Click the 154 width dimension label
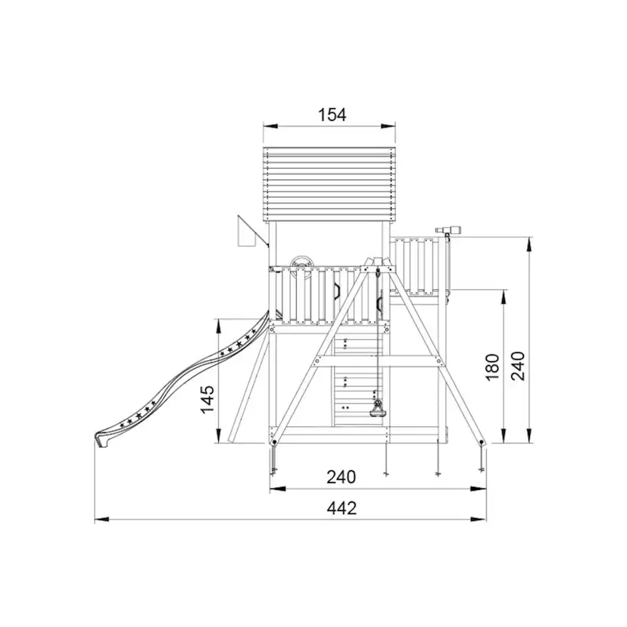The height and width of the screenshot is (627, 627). pyautogui.click(x=332, y=115)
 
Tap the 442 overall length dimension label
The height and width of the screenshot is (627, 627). pyautogui.click(x=342, y=508)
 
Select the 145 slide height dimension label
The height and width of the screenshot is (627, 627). pyautogui.click(x=207, y=400)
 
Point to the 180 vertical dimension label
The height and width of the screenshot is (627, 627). pyautogui.click(x=493, y=367)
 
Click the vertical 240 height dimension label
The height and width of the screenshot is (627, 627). pyautogui.click(x=518, y=366)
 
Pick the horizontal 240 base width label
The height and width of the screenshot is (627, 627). pyautogui.click(x=341, y=477)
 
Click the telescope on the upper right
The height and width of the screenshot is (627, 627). pyautogui.click(x=448, y=229)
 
